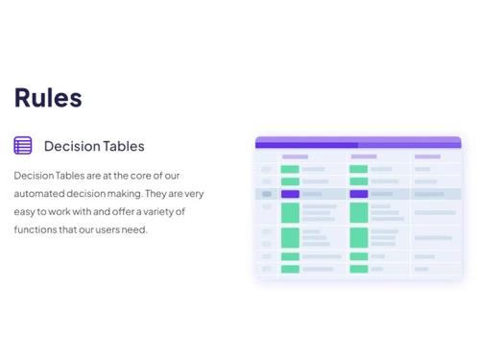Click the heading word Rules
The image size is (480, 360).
48,98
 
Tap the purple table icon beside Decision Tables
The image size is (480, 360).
23,146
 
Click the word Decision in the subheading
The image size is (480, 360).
72,146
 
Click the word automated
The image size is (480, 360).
41,194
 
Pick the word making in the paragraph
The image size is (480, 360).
131,194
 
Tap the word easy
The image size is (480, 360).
27,212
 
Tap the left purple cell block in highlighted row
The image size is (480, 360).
290,194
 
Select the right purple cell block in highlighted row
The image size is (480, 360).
359,194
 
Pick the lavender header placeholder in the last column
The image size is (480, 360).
427,156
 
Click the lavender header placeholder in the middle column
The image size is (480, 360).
363,156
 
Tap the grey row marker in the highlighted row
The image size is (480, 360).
267,194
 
